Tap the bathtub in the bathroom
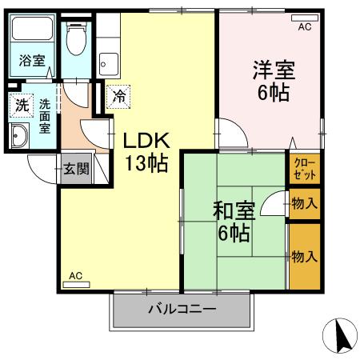pos(32,32)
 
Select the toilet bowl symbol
pos(78,40)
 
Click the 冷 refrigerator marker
pos(118,97)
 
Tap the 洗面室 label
pos(45,114)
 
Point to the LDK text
pos(145,140)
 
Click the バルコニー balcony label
pos(182,310)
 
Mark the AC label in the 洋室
pos(305,27)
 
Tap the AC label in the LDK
pos(75,276)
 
